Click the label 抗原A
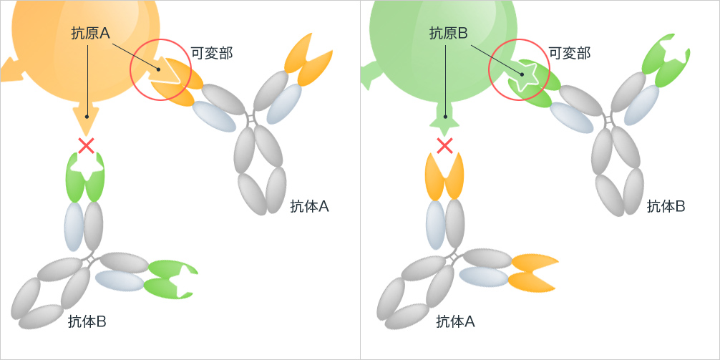click(91, 34)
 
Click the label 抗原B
click(449, 34)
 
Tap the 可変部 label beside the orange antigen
click(212, 53)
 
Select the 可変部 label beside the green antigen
click(570, 53)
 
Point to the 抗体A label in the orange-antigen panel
click(309, 207)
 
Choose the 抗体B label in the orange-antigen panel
click(87, 321)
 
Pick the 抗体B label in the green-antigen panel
click(666, 207)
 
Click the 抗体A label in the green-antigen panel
click(455, 321)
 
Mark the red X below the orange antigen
click(87, 146)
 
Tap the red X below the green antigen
click(444, 146)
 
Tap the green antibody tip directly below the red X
click(86, 177)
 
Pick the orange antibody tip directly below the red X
click(445, 177)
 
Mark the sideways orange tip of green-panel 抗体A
click(532, 273)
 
